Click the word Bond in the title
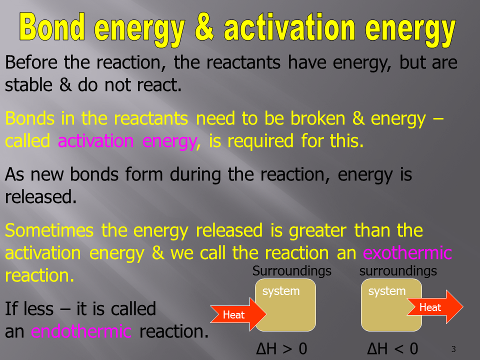[x=52, y=27]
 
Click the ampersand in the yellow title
[x=204, y=27]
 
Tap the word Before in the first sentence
[x=31, y=62]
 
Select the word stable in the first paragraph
[x=29, y=85]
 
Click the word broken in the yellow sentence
[x=318, y=118]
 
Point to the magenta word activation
[x=96, y=141]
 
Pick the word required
[x=260, y=141]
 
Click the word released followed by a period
[x=40, y=197]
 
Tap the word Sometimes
[x=49, y=230]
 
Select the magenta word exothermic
[x=407, y=253]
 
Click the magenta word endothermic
[x=81, y=331]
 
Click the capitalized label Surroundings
[x=291, y=271]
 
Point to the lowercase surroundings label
[x=398, y=271]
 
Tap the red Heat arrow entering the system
[x=238, y=314]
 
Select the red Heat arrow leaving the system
[x=434, y=306]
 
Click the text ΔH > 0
[x=281, y=348]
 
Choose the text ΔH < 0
[x=393, y=348]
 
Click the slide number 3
[x=453, y=349]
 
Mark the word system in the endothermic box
[x=281, y=291]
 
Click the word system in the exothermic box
[x=387, y=291]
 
